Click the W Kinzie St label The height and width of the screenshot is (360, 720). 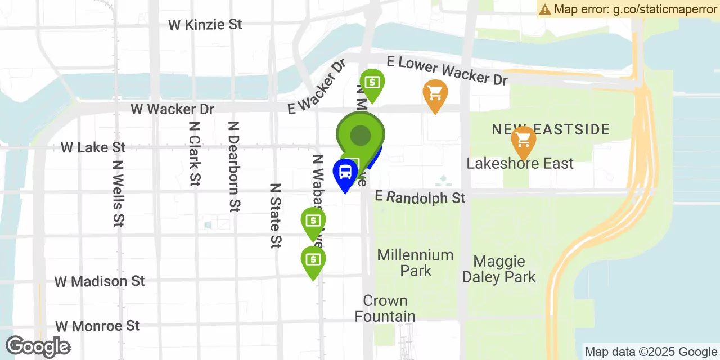click(x=205, y=25)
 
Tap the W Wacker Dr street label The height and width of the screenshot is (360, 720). click(x=173, y=109)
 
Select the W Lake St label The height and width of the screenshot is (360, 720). click(x=93, y=147)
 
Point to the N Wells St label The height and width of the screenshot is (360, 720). click(x=118, y=193)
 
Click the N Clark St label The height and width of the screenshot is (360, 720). click(x=195, y=154)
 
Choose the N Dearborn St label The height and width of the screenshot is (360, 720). click(x=234, y=166)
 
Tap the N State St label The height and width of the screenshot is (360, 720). click(x=275, y=215)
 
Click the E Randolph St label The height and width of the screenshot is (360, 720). click(x=420, y=197)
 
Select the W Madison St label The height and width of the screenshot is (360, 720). click(x=100, y=281)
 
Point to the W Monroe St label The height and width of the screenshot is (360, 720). click(x=97, y=326)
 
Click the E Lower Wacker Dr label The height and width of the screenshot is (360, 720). click(x=447, y=71)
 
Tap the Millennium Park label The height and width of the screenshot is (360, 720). click(x=415, y=263)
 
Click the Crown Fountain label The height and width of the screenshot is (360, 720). click(x=385, y=308)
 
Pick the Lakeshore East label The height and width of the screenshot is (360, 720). click(x=520, y=164)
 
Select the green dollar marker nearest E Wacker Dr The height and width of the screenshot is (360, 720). click(x=372, y=83)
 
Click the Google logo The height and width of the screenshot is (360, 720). click(x=38, y=346)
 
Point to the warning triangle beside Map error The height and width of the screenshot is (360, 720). click(x=544, y=9)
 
